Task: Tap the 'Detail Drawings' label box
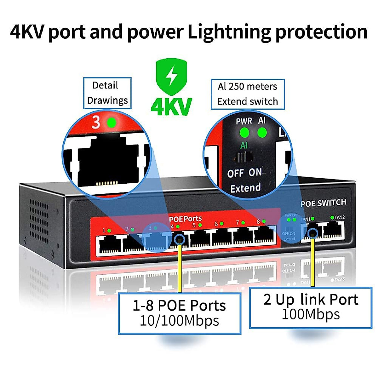[107, 93]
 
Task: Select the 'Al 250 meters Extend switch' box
[248, 94]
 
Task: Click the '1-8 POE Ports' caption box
[180, 313]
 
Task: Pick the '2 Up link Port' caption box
[311, 307]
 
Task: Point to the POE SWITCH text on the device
[323, 203]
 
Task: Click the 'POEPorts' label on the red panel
[185, 219]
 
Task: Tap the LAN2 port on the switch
[334, 231]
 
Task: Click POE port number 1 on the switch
[109, 244]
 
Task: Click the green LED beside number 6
[222, 224]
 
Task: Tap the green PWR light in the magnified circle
[244, 133]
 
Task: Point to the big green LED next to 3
[111, 122]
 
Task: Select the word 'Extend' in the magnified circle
[245, 188]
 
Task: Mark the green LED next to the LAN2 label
[332, 217]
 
